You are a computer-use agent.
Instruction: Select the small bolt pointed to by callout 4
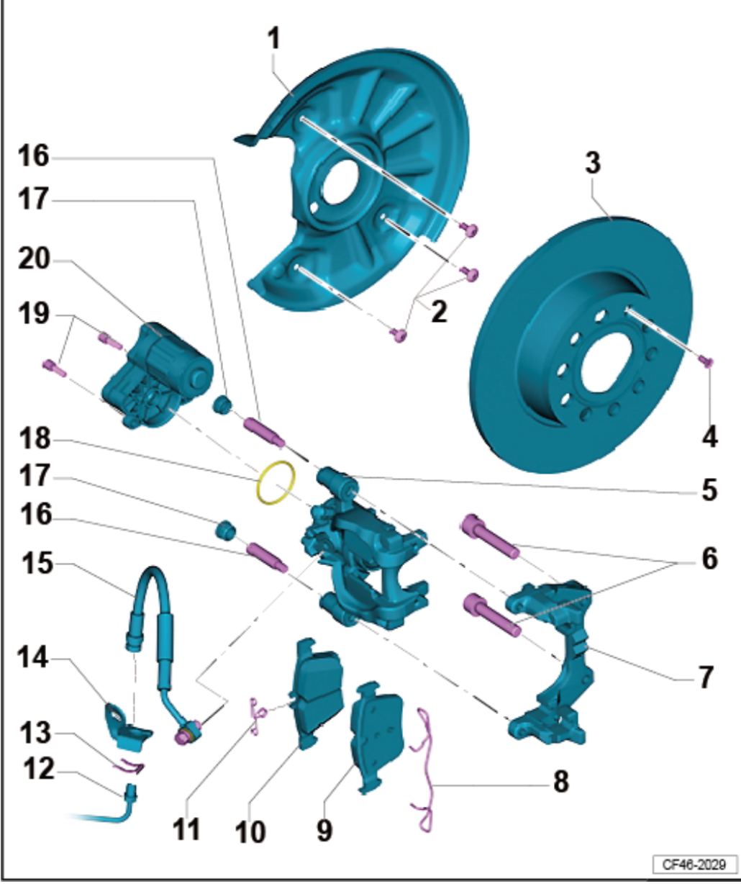point(707,361)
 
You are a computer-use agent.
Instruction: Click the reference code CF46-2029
point(694,863)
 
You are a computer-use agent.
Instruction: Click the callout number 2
point(438,312)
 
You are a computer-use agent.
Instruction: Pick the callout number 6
point(709,559)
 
